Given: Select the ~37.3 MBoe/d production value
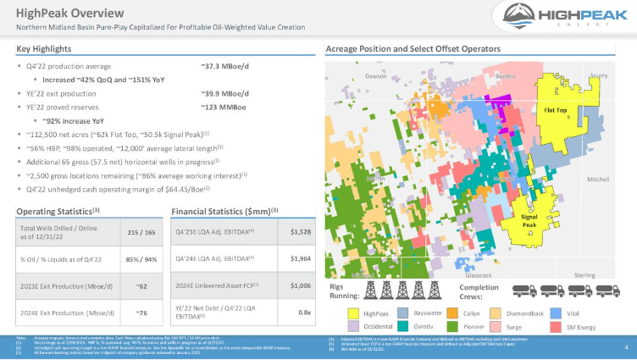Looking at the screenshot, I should (x=224, y=66).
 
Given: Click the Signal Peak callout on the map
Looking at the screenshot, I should (x=530, y=221).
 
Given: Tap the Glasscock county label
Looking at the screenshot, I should (x=480, y=275).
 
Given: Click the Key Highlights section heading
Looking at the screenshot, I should (x=42, y=48).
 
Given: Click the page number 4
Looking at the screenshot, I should (x=625, y=347).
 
